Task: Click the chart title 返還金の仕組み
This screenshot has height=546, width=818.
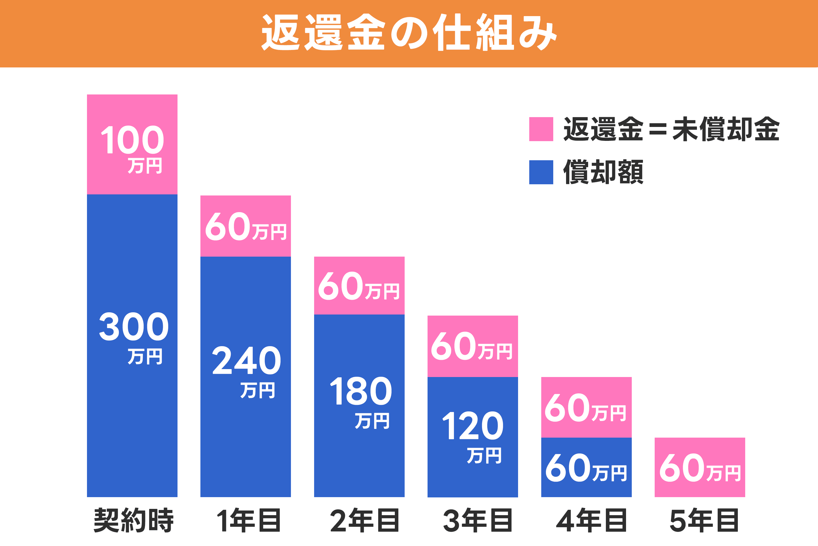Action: point(409,32)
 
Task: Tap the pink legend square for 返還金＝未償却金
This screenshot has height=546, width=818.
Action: point(541,129)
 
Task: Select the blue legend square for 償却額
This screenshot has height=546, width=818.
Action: point(541,172)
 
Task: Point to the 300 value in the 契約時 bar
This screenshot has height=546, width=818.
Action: point(134,327)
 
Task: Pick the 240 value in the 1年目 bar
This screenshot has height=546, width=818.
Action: point(246,360)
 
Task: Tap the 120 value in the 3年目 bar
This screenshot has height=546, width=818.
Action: point(473,426)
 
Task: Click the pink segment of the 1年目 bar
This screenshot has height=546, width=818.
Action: point(246,226)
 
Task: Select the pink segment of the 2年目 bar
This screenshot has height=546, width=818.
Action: point(359,286)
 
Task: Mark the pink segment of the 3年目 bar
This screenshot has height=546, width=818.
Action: point(473,346)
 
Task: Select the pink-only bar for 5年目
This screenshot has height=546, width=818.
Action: point(700,467)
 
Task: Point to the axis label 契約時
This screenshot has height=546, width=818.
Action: point(134,520)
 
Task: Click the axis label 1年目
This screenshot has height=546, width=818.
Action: point(248,520)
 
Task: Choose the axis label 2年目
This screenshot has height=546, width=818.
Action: point(364,520)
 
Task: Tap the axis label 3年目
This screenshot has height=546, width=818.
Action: point(477,520)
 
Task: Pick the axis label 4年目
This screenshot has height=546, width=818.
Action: point(591,520)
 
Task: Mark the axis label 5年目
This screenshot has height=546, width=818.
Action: point(704,520)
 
